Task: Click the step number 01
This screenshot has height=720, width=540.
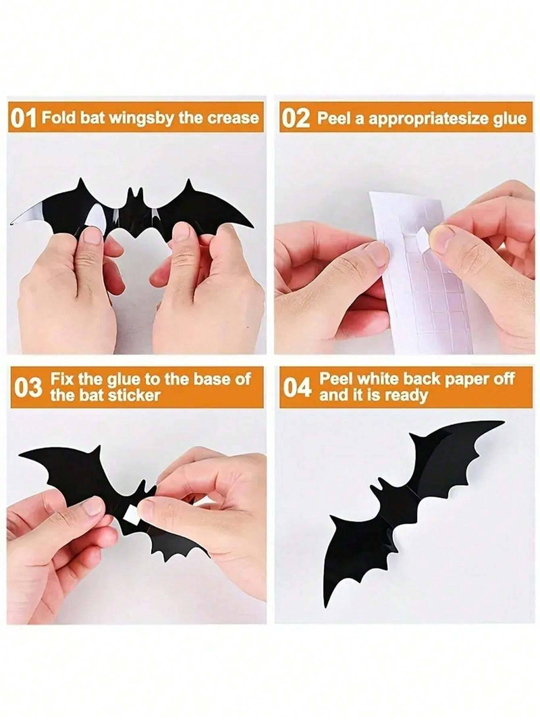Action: click(x=24, y=119)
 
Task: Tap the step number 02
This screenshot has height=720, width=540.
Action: click(x=296, y=119)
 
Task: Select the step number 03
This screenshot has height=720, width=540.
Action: click(x=28, y=388)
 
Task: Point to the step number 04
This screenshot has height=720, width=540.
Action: click(x=297, y=388)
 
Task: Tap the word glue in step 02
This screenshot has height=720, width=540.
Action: click(x=510, y=119)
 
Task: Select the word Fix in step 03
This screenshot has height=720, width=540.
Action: click(x=63, y=379)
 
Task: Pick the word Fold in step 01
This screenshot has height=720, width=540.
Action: click(x=55, y=118)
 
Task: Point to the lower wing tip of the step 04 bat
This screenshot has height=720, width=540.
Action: click(x=326, y=601)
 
